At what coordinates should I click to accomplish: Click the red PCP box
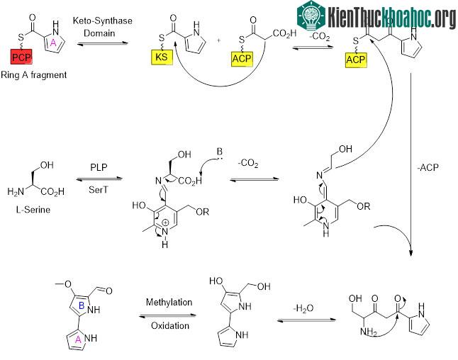(x=21, y=57)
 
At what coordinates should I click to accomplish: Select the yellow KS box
(x=162, y=57)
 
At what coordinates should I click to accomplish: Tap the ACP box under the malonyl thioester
(x=242, y=59)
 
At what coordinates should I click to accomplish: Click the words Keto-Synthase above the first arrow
(x=102, y=21)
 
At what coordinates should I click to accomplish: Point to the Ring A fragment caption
(x=33, y=75)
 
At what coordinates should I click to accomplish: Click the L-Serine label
(x=33, y=210)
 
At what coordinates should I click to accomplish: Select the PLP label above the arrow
(x=99, y=167)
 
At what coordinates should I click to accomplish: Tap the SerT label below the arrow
(x=99, y=190)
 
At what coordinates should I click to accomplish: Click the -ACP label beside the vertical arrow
(x=428, y=167)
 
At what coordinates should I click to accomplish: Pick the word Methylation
(x=169, y=302)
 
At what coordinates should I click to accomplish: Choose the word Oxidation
(x=170, y=325)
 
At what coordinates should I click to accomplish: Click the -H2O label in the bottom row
(x=303, y=308)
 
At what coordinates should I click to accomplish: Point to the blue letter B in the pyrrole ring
(x=82, y=305)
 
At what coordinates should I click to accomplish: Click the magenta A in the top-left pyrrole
(x=53, y=43)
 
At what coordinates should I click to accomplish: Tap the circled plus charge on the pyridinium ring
(x=165, y=223)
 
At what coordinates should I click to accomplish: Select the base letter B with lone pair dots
(x=219, y=152)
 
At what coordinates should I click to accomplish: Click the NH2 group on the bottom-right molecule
(x=369, y=332)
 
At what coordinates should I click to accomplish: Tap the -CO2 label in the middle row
(x=248, y=163)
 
